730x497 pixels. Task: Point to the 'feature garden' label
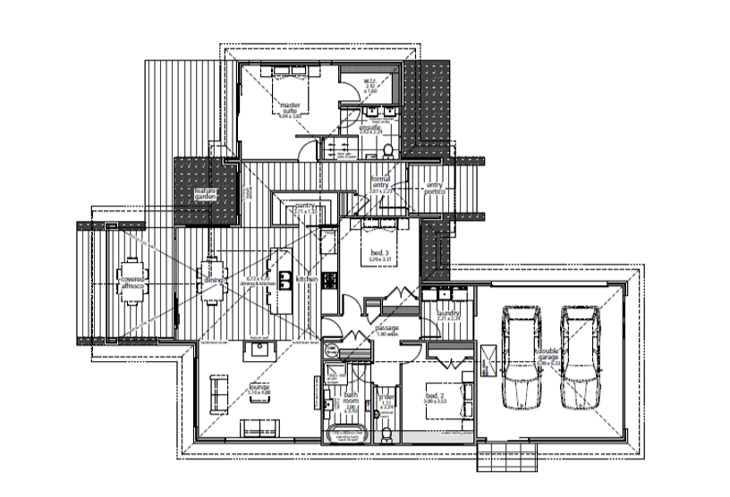(206, 196)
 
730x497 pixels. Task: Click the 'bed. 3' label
(380, 255)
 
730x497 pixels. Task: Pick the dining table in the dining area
(212, 280)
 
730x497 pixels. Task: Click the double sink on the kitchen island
(285, 282)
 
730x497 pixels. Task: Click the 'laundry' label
(448, 314)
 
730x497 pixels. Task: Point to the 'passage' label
(386, 328)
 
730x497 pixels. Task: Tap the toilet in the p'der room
(386, 433)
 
